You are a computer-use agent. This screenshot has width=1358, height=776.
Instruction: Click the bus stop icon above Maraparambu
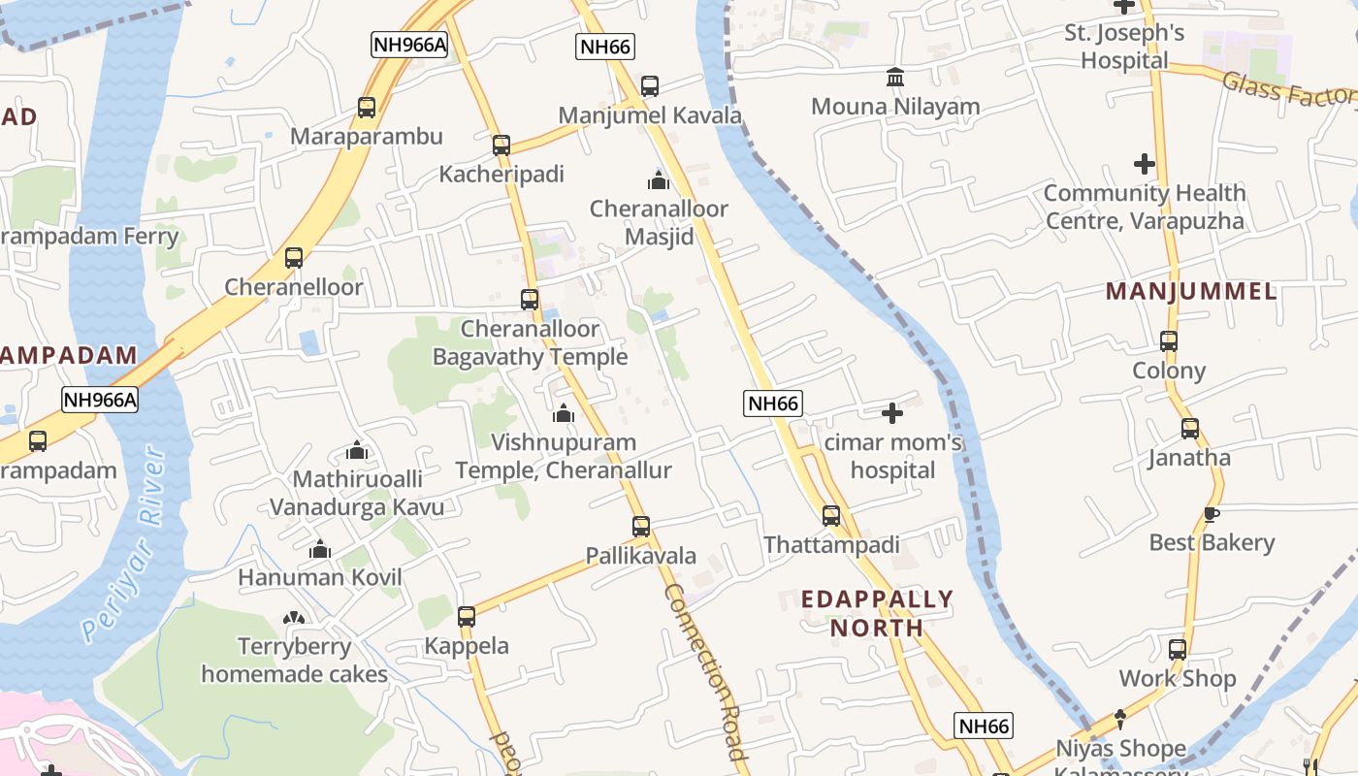point(367,108)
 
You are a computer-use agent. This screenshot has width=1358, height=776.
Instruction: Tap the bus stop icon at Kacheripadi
point(501,145)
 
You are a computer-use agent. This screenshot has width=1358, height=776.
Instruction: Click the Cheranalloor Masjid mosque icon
point(659,180)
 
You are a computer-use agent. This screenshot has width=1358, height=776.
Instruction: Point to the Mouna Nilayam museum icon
point(895,77)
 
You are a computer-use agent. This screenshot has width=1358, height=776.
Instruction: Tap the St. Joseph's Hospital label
point(1125,47)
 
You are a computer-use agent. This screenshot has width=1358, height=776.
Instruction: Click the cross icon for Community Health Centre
point(1145,164)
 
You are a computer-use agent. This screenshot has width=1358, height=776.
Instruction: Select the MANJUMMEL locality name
point(1190,291)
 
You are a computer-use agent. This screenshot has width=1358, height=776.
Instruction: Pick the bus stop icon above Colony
point(1169,341)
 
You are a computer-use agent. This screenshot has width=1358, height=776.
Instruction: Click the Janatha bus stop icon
point(1190,429)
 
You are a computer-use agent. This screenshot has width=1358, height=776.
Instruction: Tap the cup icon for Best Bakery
point(1211,514)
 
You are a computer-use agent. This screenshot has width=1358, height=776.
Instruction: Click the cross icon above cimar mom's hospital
point(892,414)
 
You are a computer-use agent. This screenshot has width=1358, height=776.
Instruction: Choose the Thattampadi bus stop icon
point(831,516)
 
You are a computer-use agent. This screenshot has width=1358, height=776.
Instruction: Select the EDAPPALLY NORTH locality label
point(877,613)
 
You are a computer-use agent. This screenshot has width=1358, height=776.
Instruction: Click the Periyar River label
point(123,545)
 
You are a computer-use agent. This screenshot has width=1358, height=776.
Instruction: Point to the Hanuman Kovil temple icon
point(320,550)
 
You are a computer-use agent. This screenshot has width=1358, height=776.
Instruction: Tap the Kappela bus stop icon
point(467,617)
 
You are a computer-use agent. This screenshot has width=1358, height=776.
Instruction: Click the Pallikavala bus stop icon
point(641,527)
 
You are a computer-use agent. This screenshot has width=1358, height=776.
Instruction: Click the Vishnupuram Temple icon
point(564,414)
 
